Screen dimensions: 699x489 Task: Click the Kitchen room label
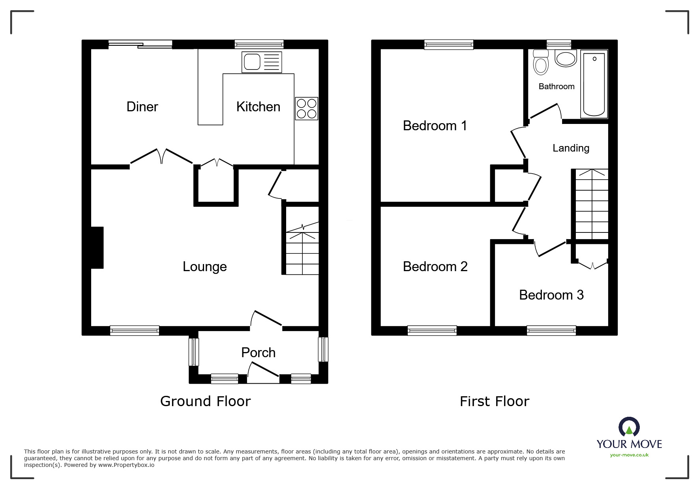[x=258, y=107]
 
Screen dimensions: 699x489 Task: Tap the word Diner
[x=142, y=107]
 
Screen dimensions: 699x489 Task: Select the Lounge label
[x=204, y=267]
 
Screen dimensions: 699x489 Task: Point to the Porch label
[x=258, y=352]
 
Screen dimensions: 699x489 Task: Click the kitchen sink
[x=262, y=62]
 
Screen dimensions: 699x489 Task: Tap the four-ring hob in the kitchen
[x=307, y=109]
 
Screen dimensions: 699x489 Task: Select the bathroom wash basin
[x=566, y=58]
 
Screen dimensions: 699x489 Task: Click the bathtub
[x=594, y=84]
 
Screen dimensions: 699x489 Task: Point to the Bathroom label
[x=557, y=86]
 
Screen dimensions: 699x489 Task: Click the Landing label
[x=571, y=148]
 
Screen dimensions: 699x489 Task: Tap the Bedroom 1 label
[x=435, y=126]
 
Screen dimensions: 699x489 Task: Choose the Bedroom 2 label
[x=435, y=266]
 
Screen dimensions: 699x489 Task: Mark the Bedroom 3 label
[x=551, y=295]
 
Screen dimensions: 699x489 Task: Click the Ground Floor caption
[x=205, y=401]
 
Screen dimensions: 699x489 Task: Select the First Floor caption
[x=494, y=401]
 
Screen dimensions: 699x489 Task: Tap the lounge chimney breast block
[x=97, y=247]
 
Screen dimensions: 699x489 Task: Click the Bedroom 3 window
[x=551, y=330]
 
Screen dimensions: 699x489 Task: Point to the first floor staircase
[x=591, y=204]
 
